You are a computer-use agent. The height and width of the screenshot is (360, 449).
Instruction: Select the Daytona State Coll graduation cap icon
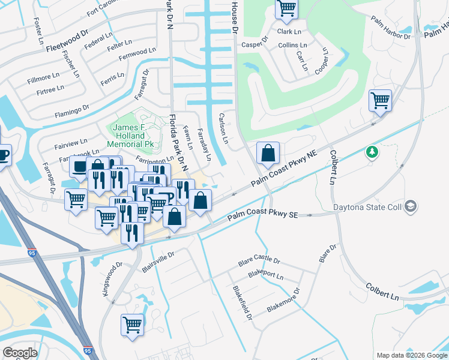(411, 206)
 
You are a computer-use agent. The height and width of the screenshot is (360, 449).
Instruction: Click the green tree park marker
(372, 152)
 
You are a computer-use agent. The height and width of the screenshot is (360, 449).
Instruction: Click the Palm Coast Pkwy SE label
(262, 217)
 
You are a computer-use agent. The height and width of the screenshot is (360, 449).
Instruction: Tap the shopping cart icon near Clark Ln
(286, 8)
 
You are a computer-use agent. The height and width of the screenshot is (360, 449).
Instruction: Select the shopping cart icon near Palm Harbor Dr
(380, 100)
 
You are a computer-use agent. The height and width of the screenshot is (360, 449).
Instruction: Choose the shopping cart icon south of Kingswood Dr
(132, 325)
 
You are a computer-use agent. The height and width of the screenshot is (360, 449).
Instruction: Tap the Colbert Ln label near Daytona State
(333, 167)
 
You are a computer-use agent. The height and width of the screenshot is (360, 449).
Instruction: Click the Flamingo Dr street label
(72, 110)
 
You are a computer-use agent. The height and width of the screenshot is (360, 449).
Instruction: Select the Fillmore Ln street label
(43, 78)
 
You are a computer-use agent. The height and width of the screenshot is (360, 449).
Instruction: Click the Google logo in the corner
(20, 353)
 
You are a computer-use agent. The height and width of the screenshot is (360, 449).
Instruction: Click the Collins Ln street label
(293, 46)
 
